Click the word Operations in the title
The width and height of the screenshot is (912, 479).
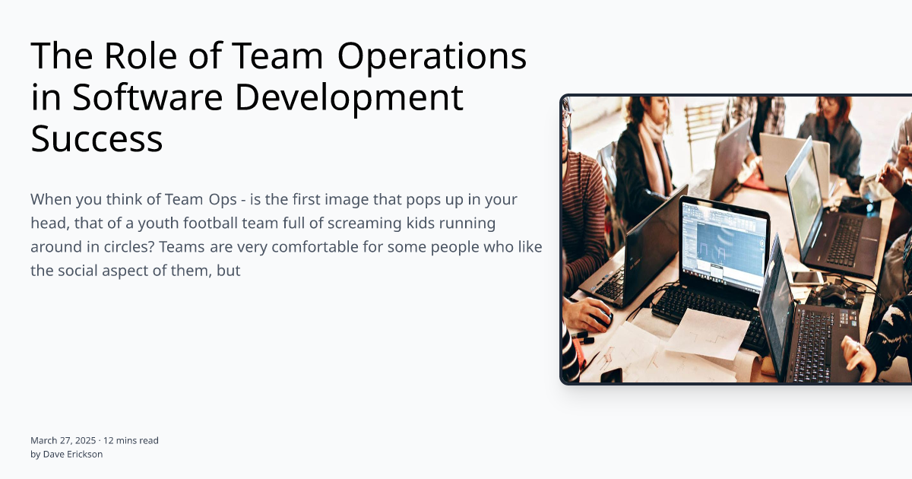(432, 56)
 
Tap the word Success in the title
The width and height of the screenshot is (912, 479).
(97, 139)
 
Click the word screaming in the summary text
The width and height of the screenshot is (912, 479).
(359, 224)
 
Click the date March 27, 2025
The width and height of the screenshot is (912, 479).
(63, 440)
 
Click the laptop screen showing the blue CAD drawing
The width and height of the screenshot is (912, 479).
(723, 243)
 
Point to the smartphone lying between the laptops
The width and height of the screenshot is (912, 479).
(807, 278)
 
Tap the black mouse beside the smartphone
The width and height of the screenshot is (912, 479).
(834, 293)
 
